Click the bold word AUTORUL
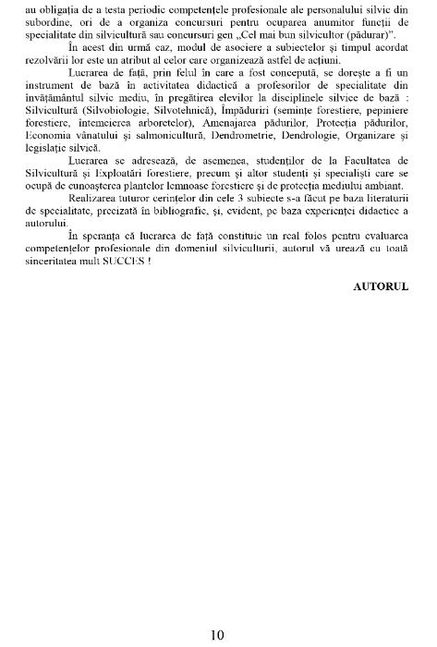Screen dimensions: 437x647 coord(381,287)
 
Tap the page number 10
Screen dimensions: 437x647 coord(217,633)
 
